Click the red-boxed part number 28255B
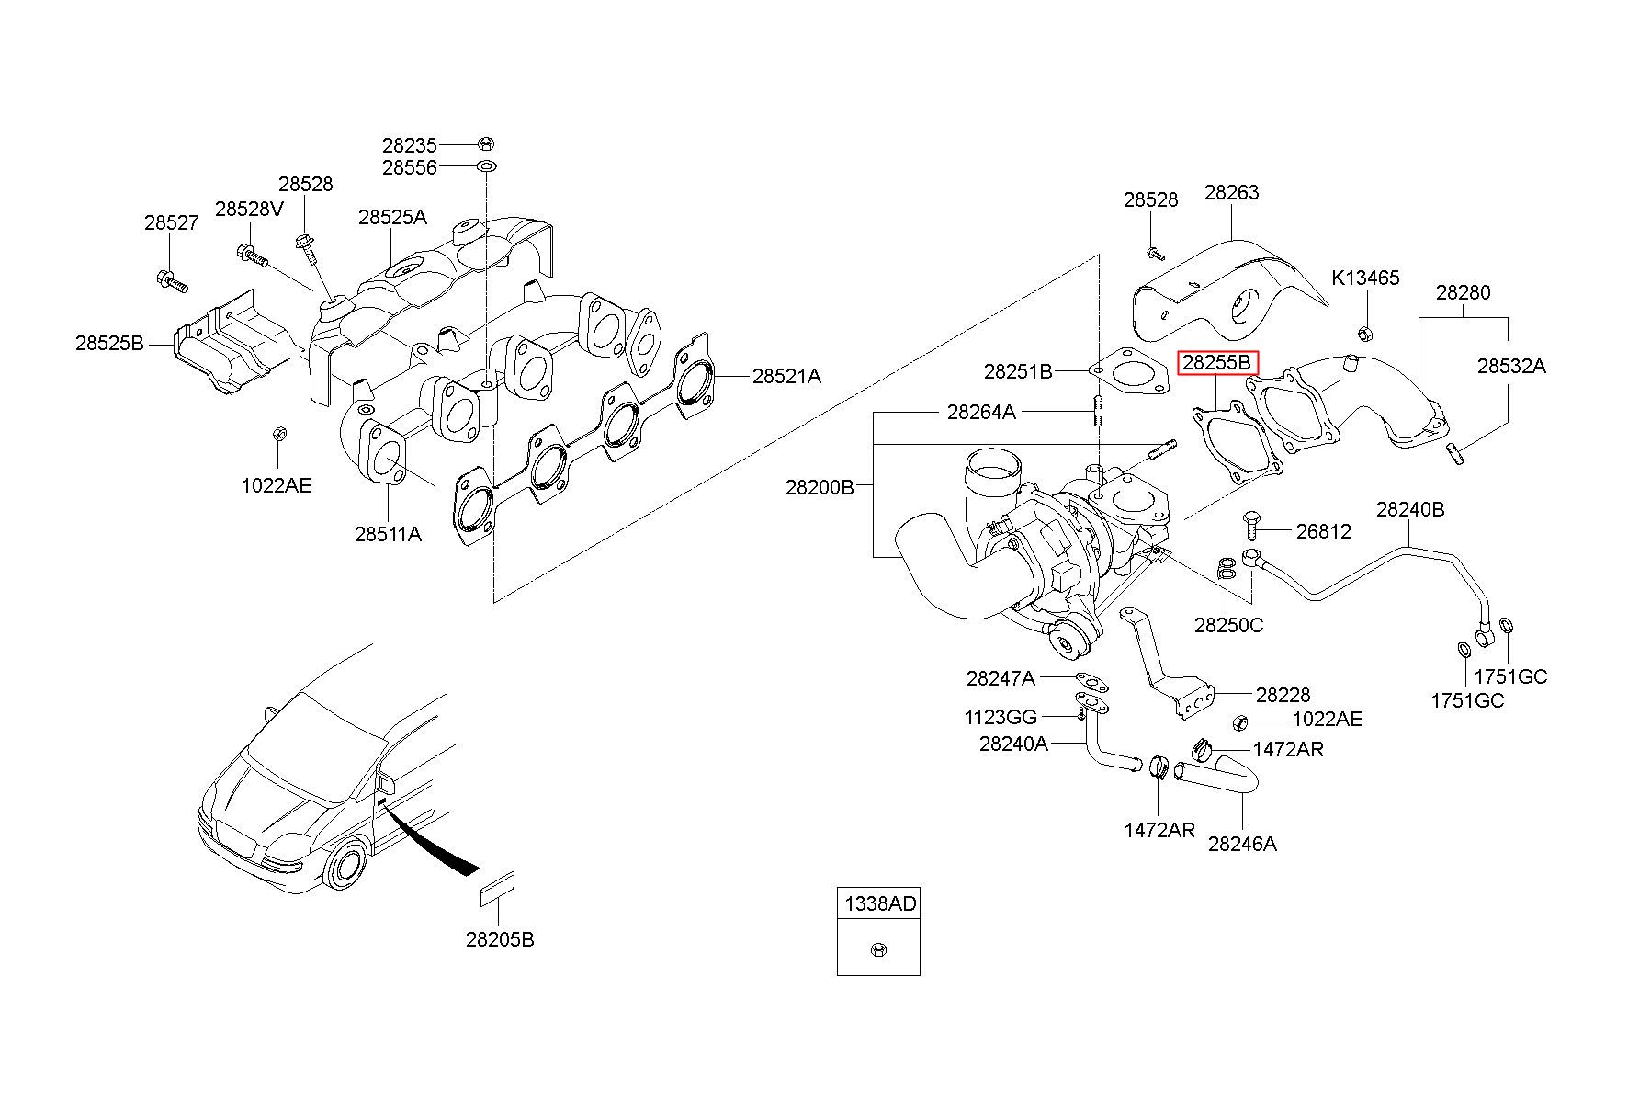pos(1217,363)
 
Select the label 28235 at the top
pos(410,145)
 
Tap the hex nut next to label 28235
pos(486,143)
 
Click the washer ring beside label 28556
pos(486,167)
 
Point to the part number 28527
pos(171,223)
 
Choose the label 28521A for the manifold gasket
pos(786,376)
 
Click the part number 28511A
pos(389,534)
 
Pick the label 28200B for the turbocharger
pos(820,487)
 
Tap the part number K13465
pos(1366,278)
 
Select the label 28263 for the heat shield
pos(1232,193)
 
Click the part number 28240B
pos(1410,510)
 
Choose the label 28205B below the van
pos(500,939)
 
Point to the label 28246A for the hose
pos(1242,843)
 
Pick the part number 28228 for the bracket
pos(1283,696)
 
